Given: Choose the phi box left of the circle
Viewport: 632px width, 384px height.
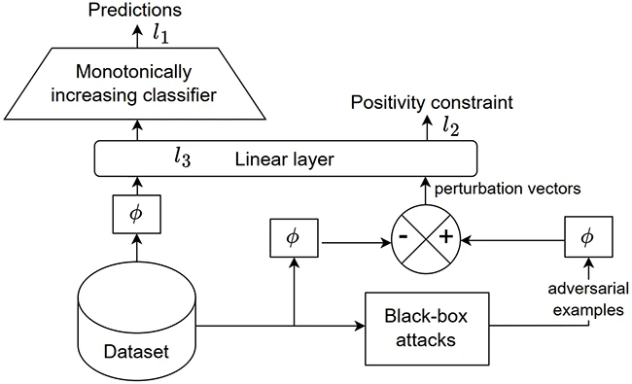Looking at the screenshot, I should [x=293, y=237].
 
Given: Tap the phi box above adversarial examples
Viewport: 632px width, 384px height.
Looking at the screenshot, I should [x=585, y=237].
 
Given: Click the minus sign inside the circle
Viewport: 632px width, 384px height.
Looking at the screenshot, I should [x=403, y=237].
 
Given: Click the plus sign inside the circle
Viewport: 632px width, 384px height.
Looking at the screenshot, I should [x=447, y=237].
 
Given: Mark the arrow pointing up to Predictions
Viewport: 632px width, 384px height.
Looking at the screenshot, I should [x=137, y=31].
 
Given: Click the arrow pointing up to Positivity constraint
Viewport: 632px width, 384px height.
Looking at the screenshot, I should [x=425, y=126].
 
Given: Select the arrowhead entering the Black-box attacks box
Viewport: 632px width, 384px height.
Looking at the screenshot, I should [x=359, y=327].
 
